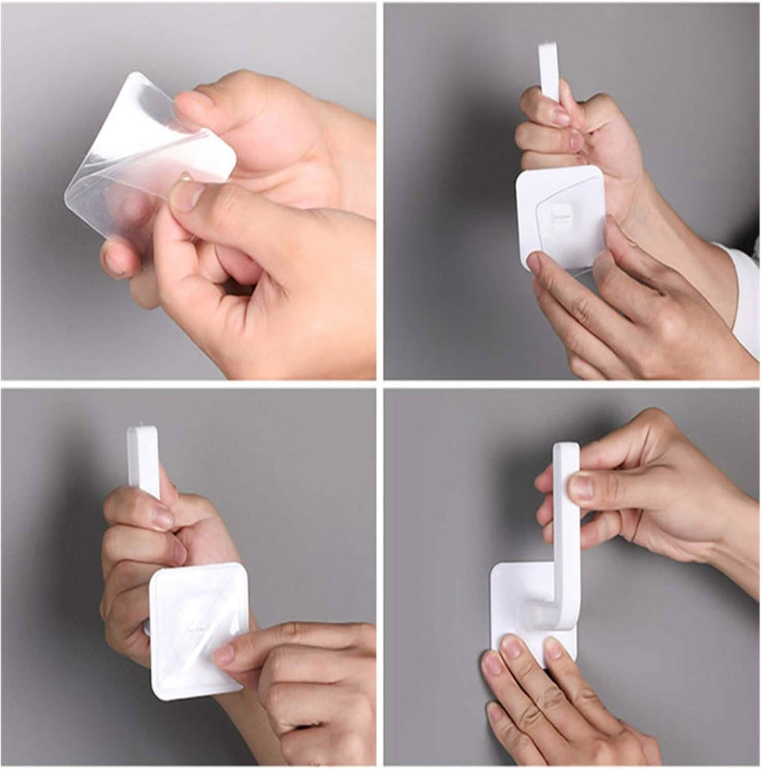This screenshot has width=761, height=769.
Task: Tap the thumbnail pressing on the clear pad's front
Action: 186,195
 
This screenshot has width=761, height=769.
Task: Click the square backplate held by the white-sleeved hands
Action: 561,215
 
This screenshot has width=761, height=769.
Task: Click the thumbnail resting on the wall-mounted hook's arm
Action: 581,487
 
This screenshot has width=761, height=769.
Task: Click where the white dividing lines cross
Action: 379,383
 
